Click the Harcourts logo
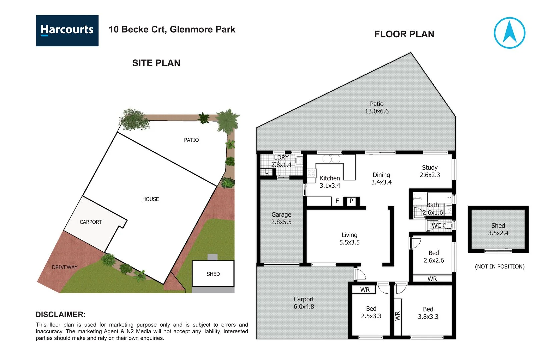point(67,30)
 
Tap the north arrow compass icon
point(509,33)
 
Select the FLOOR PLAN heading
point(404,34)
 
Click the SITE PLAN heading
point(156,63)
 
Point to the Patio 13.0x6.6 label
point(377,108)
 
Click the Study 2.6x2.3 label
point(430,171)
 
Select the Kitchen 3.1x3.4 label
point(330,182)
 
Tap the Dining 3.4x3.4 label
point(381,178)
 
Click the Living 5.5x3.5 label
point(349,239)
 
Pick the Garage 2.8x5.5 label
point(281,218)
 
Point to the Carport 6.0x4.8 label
point(304,303)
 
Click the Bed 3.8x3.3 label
point(428,313)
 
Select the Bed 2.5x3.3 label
point(371,312)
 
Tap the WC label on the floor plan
point(436,226)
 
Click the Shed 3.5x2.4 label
point(498,229)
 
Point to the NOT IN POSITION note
point(499,267)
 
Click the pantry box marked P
point(351,201)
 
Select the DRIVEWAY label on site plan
point(64,267)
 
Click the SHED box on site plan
point(213,274)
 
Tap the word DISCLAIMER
point(60,314)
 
